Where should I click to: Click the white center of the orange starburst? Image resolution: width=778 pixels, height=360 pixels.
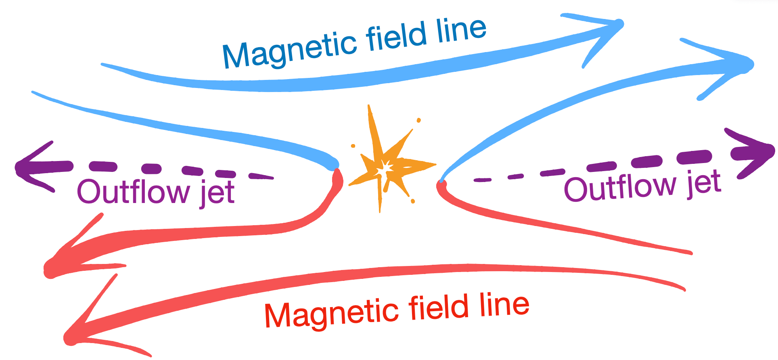click(386, 167)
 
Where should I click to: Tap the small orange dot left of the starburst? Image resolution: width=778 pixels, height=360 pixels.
click(353, 146)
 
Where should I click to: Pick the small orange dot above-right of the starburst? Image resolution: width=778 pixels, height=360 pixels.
click(419, 120)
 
